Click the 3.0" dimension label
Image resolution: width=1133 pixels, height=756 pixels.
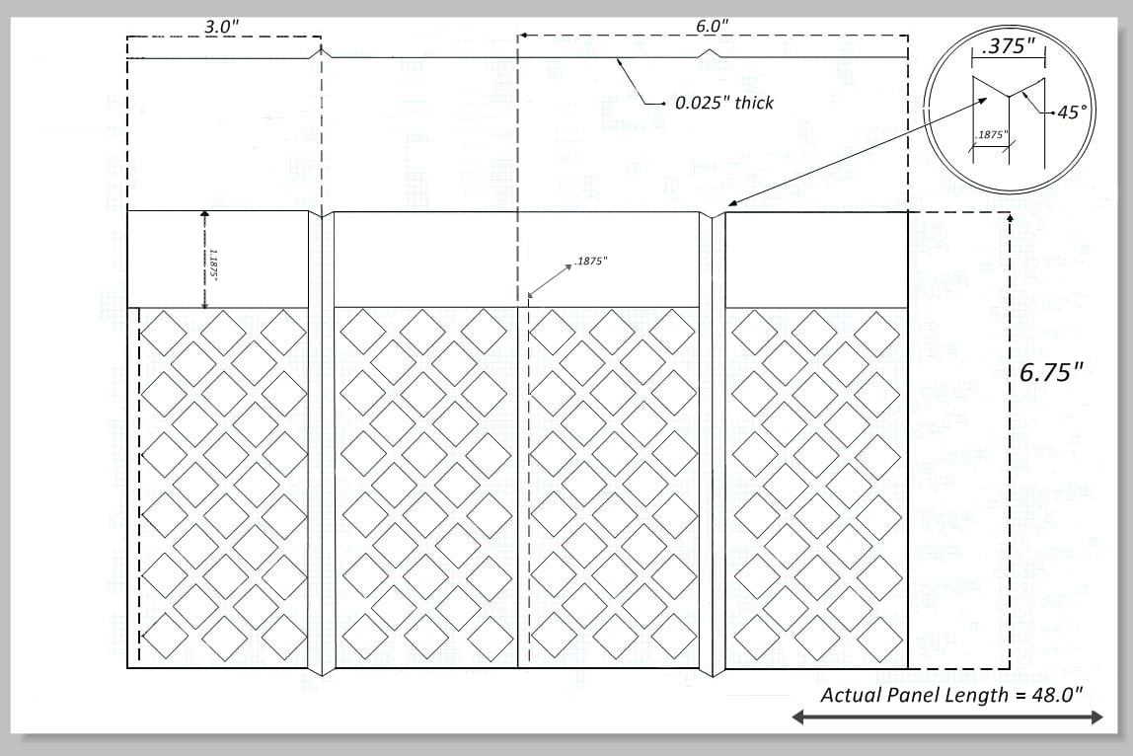coord(222,27)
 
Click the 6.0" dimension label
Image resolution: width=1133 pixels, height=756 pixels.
coord(712,26)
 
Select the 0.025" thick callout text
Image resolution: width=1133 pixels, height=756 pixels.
coord(724,103)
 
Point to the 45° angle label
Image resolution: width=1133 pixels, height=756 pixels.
coord(1072,113)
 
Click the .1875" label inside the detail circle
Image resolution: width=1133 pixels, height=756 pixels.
coord(990,135)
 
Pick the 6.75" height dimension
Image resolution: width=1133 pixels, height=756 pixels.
coord(1051,372)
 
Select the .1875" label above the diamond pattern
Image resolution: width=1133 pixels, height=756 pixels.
coord(590,261)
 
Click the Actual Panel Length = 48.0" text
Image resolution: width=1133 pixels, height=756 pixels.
coord(951,695)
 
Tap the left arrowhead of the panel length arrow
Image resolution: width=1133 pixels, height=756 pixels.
coord(798,717)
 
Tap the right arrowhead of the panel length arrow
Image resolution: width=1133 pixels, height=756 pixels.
coord(1096,717)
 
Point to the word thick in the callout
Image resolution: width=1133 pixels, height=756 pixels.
coord(753,103)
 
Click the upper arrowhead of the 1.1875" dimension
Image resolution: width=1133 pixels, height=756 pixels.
coord(204,215)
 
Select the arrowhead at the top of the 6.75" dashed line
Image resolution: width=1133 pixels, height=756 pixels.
coord(1010,216)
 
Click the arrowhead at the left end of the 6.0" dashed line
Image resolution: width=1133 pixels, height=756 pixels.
coord(522,35)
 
